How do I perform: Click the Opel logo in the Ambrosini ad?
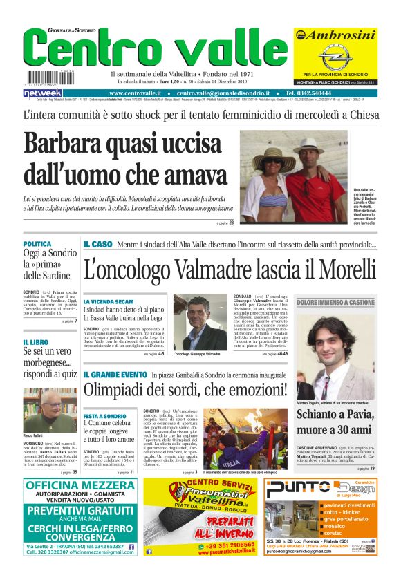(335, 56)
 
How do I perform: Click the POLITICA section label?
(37, 244)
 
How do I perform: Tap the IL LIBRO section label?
(35, 342)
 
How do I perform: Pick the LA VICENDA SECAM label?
(108, 302)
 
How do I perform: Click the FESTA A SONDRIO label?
(104, 417)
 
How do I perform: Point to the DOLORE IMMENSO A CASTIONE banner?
(335, 303)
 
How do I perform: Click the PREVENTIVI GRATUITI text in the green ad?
(80, 511)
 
